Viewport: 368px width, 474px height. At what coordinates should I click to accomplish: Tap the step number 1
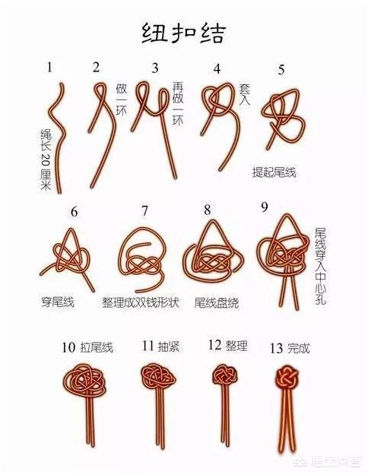[49, 67]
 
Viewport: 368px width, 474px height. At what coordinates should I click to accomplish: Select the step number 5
[282, 70]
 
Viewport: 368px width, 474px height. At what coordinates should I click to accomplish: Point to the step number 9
[264, 207]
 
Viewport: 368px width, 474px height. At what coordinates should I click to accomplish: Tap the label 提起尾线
[274, 172]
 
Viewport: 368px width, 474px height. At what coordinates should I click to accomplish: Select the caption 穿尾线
[58, 302]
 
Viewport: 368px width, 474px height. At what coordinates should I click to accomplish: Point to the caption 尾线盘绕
[217, 302]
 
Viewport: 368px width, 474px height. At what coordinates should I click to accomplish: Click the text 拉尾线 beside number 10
[97, 348]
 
